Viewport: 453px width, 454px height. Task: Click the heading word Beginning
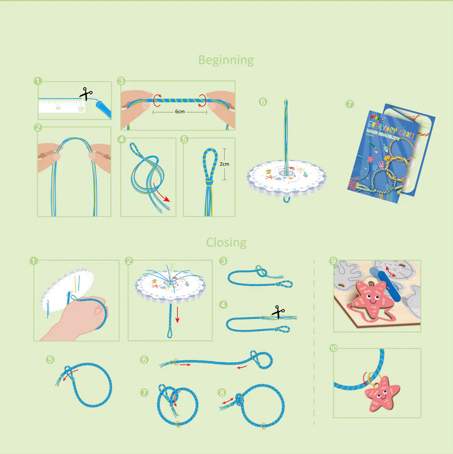[226, 60]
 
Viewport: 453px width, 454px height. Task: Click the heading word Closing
[226, 242]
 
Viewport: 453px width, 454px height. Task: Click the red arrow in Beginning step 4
[162, 195]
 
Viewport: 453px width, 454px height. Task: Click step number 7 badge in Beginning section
[350, 103]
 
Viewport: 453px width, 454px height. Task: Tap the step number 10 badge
[333, 348]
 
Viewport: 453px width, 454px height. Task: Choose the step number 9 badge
[332, 260]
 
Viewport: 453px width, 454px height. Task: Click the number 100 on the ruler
[81, 108]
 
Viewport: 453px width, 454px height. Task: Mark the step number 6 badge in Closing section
[144, 359]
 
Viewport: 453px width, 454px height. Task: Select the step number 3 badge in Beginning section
[121, 81]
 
